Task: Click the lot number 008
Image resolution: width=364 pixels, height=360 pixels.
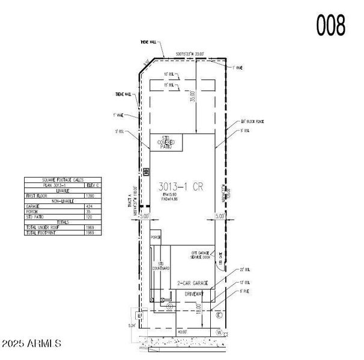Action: (330, 25)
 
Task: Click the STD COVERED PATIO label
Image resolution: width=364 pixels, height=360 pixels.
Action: (163, 143)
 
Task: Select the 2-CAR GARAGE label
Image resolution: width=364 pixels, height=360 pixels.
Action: (193, 283)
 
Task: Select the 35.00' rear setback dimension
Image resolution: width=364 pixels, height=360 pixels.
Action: (192, 96)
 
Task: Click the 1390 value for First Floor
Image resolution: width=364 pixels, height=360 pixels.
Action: (90, 196)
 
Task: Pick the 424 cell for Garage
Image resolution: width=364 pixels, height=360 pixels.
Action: (90, 206)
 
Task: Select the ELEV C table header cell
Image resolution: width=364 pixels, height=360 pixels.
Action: (92, 185)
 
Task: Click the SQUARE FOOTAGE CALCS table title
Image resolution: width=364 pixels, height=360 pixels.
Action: (62, 180)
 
